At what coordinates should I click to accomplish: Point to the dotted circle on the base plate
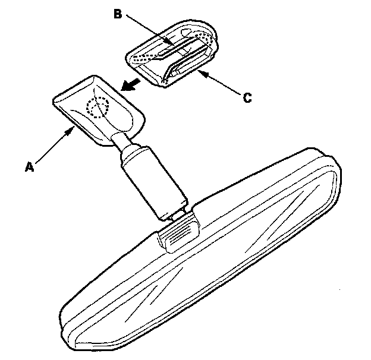97,108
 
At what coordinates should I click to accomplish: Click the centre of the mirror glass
202,261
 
